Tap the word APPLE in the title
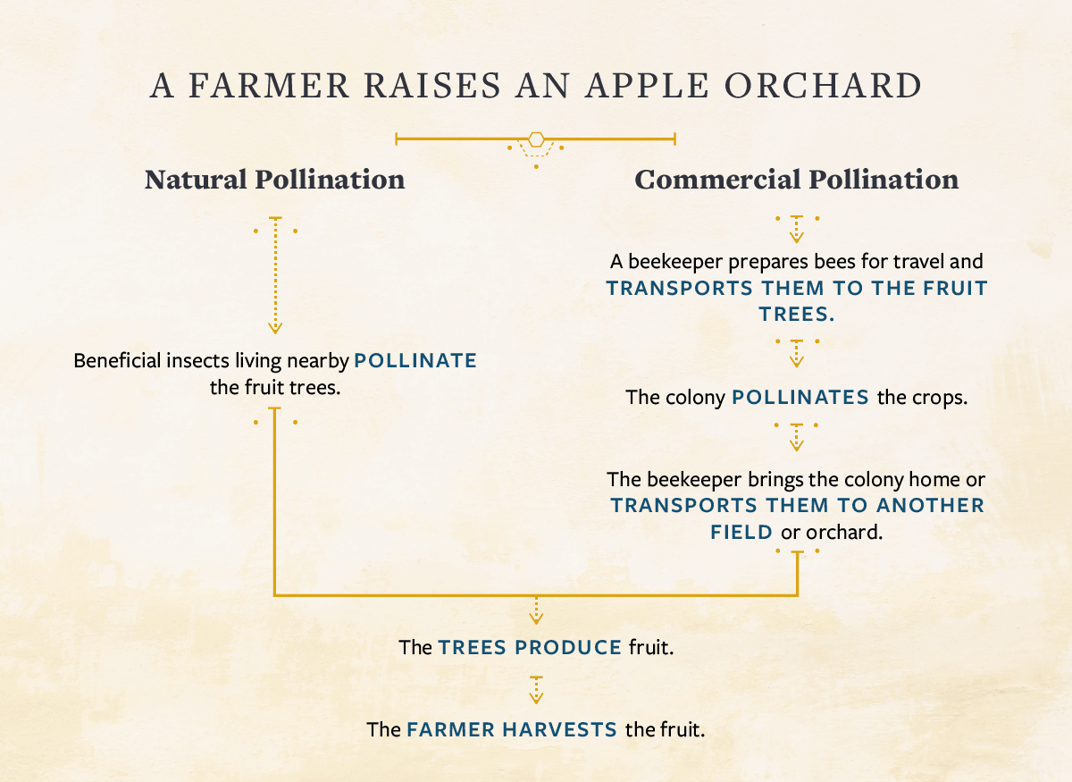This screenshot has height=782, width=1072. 641,86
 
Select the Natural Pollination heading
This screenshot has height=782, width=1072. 274,180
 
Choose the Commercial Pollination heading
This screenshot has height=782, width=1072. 796,180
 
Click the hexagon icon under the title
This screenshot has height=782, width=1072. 536,139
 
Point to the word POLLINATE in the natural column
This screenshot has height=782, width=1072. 415,361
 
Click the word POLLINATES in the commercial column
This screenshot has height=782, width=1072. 800,397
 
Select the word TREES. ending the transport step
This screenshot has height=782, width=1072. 796,314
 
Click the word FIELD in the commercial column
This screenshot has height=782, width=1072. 741,532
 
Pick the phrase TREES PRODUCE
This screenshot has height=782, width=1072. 530,647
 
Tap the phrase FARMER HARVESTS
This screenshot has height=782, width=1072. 512,729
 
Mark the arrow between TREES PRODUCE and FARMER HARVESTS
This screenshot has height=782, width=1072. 536,690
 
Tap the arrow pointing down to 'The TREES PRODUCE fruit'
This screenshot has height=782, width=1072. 536,610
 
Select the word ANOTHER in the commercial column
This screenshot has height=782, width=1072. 929,505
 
